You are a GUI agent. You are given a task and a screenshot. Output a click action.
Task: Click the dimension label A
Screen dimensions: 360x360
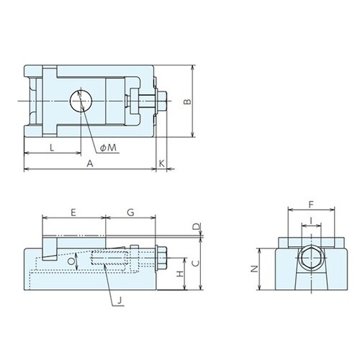click(90, 163)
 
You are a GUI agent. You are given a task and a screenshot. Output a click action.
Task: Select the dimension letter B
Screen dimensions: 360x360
click(186, 102)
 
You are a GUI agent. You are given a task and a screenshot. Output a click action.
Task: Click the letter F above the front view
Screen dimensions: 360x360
click(311, 204)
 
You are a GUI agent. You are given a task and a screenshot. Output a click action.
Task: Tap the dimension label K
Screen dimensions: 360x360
click(162, 163)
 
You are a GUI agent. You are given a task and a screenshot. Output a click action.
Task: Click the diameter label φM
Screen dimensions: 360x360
click(108, 147)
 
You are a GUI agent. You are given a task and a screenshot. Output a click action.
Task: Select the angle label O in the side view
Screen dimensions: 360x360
click(70, 263)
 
